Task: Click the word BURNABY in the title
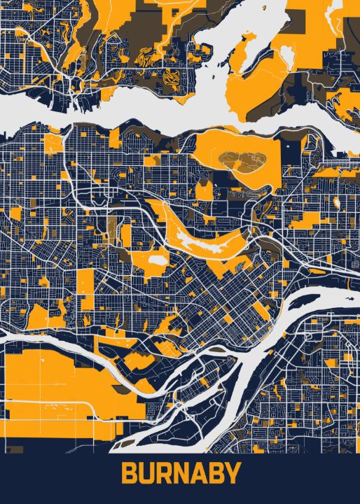(x=181, y=474)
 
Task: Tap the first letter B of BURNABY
(x=129, y=474)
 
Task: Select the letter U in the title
(x=146, y=474)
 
